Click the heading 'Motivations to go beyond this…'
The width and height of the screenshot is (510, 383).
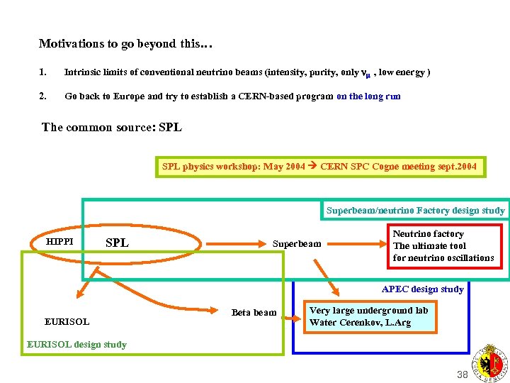[125, 44]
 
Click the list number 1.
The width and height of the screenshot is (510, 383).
[42, 72]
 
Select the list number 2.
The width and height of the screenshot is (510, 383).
[42, 96]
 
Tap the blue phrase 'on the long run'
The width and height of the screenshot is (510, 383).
[368, 96]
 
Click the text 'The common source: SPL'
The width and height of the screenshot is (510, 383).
[112, 128]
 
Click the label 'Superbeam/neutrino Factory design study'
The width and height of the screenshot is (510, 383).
[415, 210]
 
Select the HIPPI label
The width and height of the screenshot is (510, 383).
[60, 242]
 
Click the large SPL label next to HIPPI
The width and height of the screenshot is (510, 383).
[117, 243]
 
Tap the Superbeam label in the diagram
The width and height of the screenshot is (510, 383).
[297, 244]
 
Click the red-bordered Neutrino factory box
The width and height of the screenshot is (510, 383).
[443, 245]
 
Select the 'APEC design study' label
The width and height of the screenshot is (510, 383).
[422, 289]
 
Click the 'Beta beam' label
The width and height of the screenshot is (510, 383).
[254, 312]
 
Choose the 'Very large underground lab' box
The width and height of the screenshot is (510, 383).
[368, 316]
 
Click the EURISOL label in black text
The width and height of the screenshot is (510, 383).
[67, 321]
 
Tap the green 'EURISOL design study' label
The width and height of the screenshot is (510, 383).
[76, 345]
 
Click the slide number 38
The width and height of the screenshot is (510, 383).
[463, 374]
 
